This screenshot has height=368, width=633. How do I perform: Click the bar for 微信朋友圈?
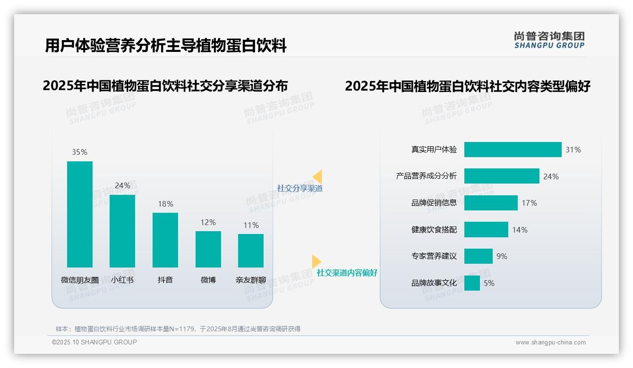[x=80, y=214]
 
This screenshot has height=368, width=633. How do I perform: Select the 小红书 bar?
[x=122, y=231]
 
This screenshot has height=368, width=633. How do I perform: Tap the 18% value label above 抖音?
[x=165, y=204]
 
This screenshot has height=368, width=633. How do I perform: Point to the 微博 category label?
[x=208, y=280]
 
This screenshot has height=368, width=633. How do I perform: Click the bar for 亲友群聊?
[x=251, y=251]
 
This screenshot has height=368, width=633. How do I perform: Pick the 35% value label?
[x=79, y=152]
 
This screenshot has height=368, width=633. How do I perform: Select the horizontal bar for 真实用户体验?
[x=513, y=150]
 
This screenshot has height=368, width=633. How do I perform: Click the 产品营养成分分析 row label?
[x=426, y=176]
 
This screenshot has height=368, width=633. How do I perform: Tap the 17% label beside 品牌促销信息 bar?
[x=529, y=203]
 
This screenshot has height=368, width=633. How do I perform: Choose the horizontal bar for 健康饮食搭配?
[x=486, y=230]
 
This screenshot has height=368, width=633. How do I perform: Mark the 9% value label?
[x=502, y=256]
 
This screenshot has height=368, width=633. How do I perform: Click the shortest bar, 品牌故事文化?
[x=472, y=283]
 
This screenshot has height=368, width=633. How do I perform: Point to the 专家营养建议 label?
[x=434, y=256]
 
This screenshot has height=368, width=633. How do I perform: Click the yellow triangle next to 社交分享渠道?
[x=318, y=177]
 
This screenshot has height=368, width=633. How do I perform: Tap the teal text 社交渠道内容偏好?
[x=347, y=273]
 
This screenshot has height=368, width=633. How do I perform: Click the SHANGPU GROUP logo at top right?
[x=549, y=40]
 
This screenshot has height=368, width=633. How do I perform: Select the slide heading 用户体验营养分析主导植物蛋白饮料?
[x=166, y=46]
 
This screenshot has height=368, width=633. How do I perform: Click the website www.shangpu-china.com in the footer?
[x=550, y=343]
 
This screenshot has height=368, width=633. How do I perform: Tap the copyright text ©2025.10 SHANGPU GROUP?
[x=94, y=342]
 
